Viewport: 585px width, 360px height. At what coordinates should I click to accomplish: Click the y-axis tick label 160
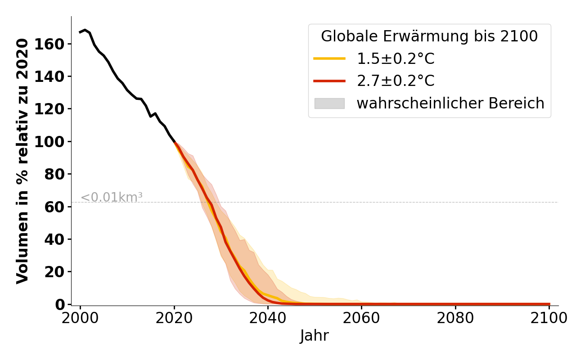(x=54, y=44)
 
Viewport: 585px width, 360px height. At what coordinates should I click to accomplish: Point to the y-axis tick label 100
(x=54, y=142)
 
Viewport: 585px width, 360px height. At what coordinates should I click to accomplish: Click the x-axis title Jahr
(x=315, y=336)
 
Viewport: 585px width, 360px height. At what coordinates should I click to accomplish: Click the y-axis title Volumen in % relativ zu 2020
(x=22, y=161)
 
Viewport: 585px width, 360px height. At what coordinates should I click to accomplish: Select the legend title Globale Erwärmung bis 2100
(x=429, y=36)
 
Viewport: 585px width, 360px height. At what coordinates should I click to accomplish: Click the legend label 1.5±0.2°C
(x=396, y=59)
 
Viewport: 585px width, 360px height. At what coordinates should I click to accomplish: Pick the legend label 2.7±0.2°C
(x=396, y=81)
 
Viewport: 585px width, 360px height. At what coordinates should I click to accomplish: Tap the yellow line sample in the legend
(x=329, y=58)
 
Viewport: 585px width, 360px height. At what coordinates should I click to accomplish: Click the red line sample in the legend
(x=329, y=81)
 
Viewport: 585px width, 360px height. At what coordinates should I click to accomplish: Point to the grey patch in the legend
(x=329, y=103)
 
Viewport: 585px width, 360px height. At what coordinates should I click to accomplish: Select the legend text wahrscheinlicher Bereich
(x=450, y=103)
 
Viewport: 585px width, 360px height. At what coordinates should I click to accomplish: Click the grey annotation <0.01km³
(x=112, y=197)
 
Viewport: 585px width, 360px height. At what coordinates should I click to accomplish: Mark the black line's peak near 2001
(x=85, y=30)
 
